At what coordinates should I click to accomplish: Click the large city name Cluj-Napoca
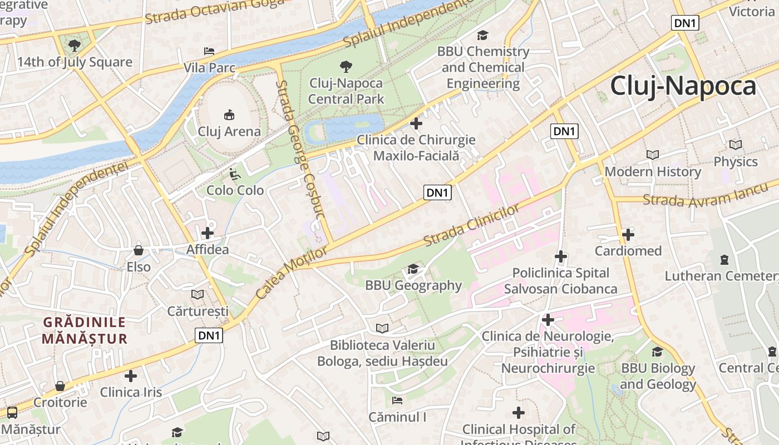click(x=683, y=86)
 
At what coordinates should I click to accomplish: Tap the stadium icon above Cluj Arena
click(x=229, y=115)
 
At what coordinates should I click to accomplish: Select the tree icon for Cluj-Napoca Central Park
click(x=346, y=67)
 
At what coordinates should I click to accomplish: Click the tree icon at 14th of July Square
click(x=74, y=45)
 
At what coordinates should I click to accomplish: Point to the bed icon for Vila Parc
click(x=209, y=51)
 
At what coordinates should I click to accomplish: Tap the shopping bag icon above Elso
click(x=138, y=250)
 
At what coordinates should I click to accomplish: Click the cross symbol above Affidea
click(x=208, y=233)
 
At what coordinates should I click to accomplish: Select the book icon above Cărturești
click(x=198, y=294)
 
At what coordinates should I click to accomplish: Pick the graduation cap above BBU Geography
click(x=413, y=269)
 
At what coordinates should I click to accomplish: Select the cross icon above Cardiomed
click(x=628, y=235)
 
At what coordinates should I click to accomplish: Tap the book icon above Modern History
click(x=653, y=155)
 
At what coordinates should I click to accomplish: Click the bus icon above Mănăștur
click(x=12, y=413)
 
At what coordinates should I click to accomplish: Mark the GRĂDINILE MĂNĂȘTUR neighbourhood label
click(x=85, y=330)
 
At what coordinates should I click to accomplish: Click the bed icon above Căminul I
click(x=397, y=400)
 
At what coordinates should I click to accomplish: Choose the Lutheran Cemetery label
click(x=721, y=276)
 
